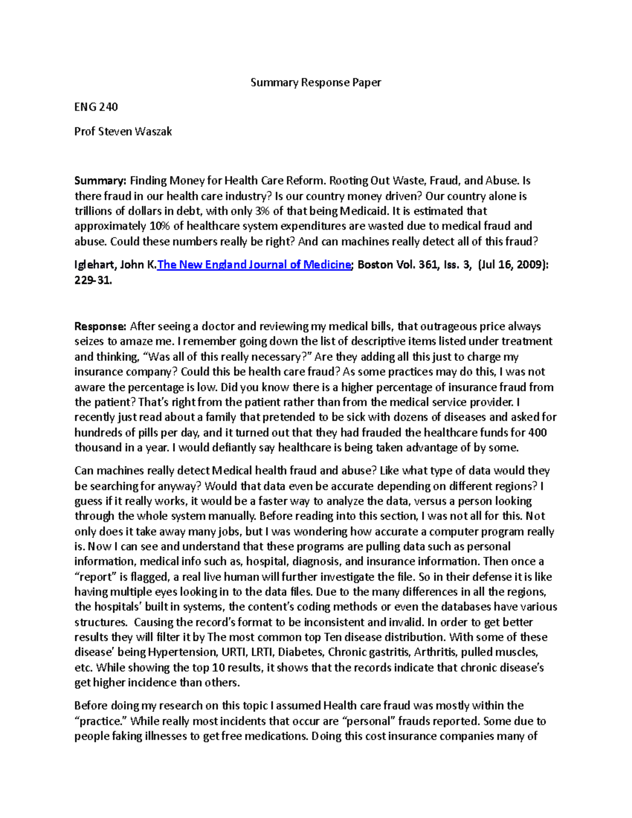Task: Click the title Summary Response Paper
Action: (315, 82)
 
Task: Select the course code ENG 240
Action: (96, 107)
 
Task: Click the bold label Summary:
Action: (100, 181)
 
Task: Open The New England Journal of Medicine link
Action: (254, 264)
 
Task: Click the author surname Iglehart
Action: (95, 264)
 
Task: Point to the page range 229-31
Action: (93, 281)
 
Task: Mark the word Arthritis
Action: (435, 652)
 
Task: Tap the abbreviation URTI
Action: (233, 652)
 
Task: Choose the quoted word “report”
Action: (96, 577)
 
